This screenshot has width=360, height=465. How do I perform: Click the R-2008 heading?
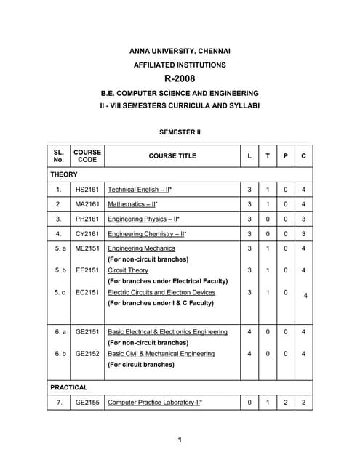180,78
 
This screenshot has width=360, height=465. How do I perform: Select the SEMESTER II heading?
180,133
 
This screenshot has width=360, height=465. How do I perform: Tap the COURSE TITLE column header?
172,156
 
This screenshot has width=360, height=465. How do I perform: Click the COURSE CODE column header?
87,156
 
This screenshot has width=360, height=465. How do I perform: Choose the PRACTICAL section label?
69,387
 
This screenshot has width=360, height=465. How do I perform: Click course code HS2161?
87,189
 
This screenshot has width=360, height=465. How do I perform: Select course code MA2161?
87,203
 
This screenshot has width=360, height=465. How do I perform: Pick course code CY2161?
87,234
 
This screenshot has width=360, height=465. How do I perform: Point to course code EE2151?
87,270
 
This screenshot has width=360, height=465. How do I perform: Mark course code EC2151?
87,292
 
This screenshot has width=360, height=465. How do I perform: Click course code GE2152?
87,354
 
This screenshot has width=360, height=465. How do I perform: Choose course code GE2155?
87,402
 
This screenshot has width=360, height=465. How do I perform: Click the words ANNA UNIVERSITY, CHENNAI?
180,51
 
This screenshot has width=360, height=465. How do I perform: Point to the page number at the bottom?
180,440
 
